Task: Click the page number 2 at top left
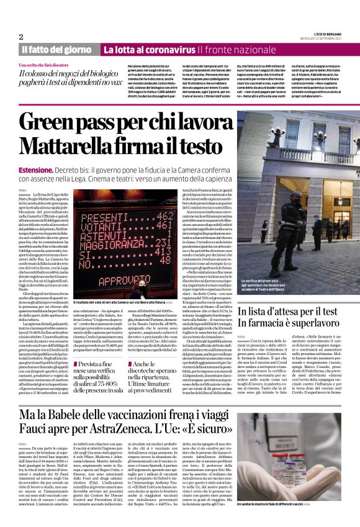pyautogui.click(x=21, y=37)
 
